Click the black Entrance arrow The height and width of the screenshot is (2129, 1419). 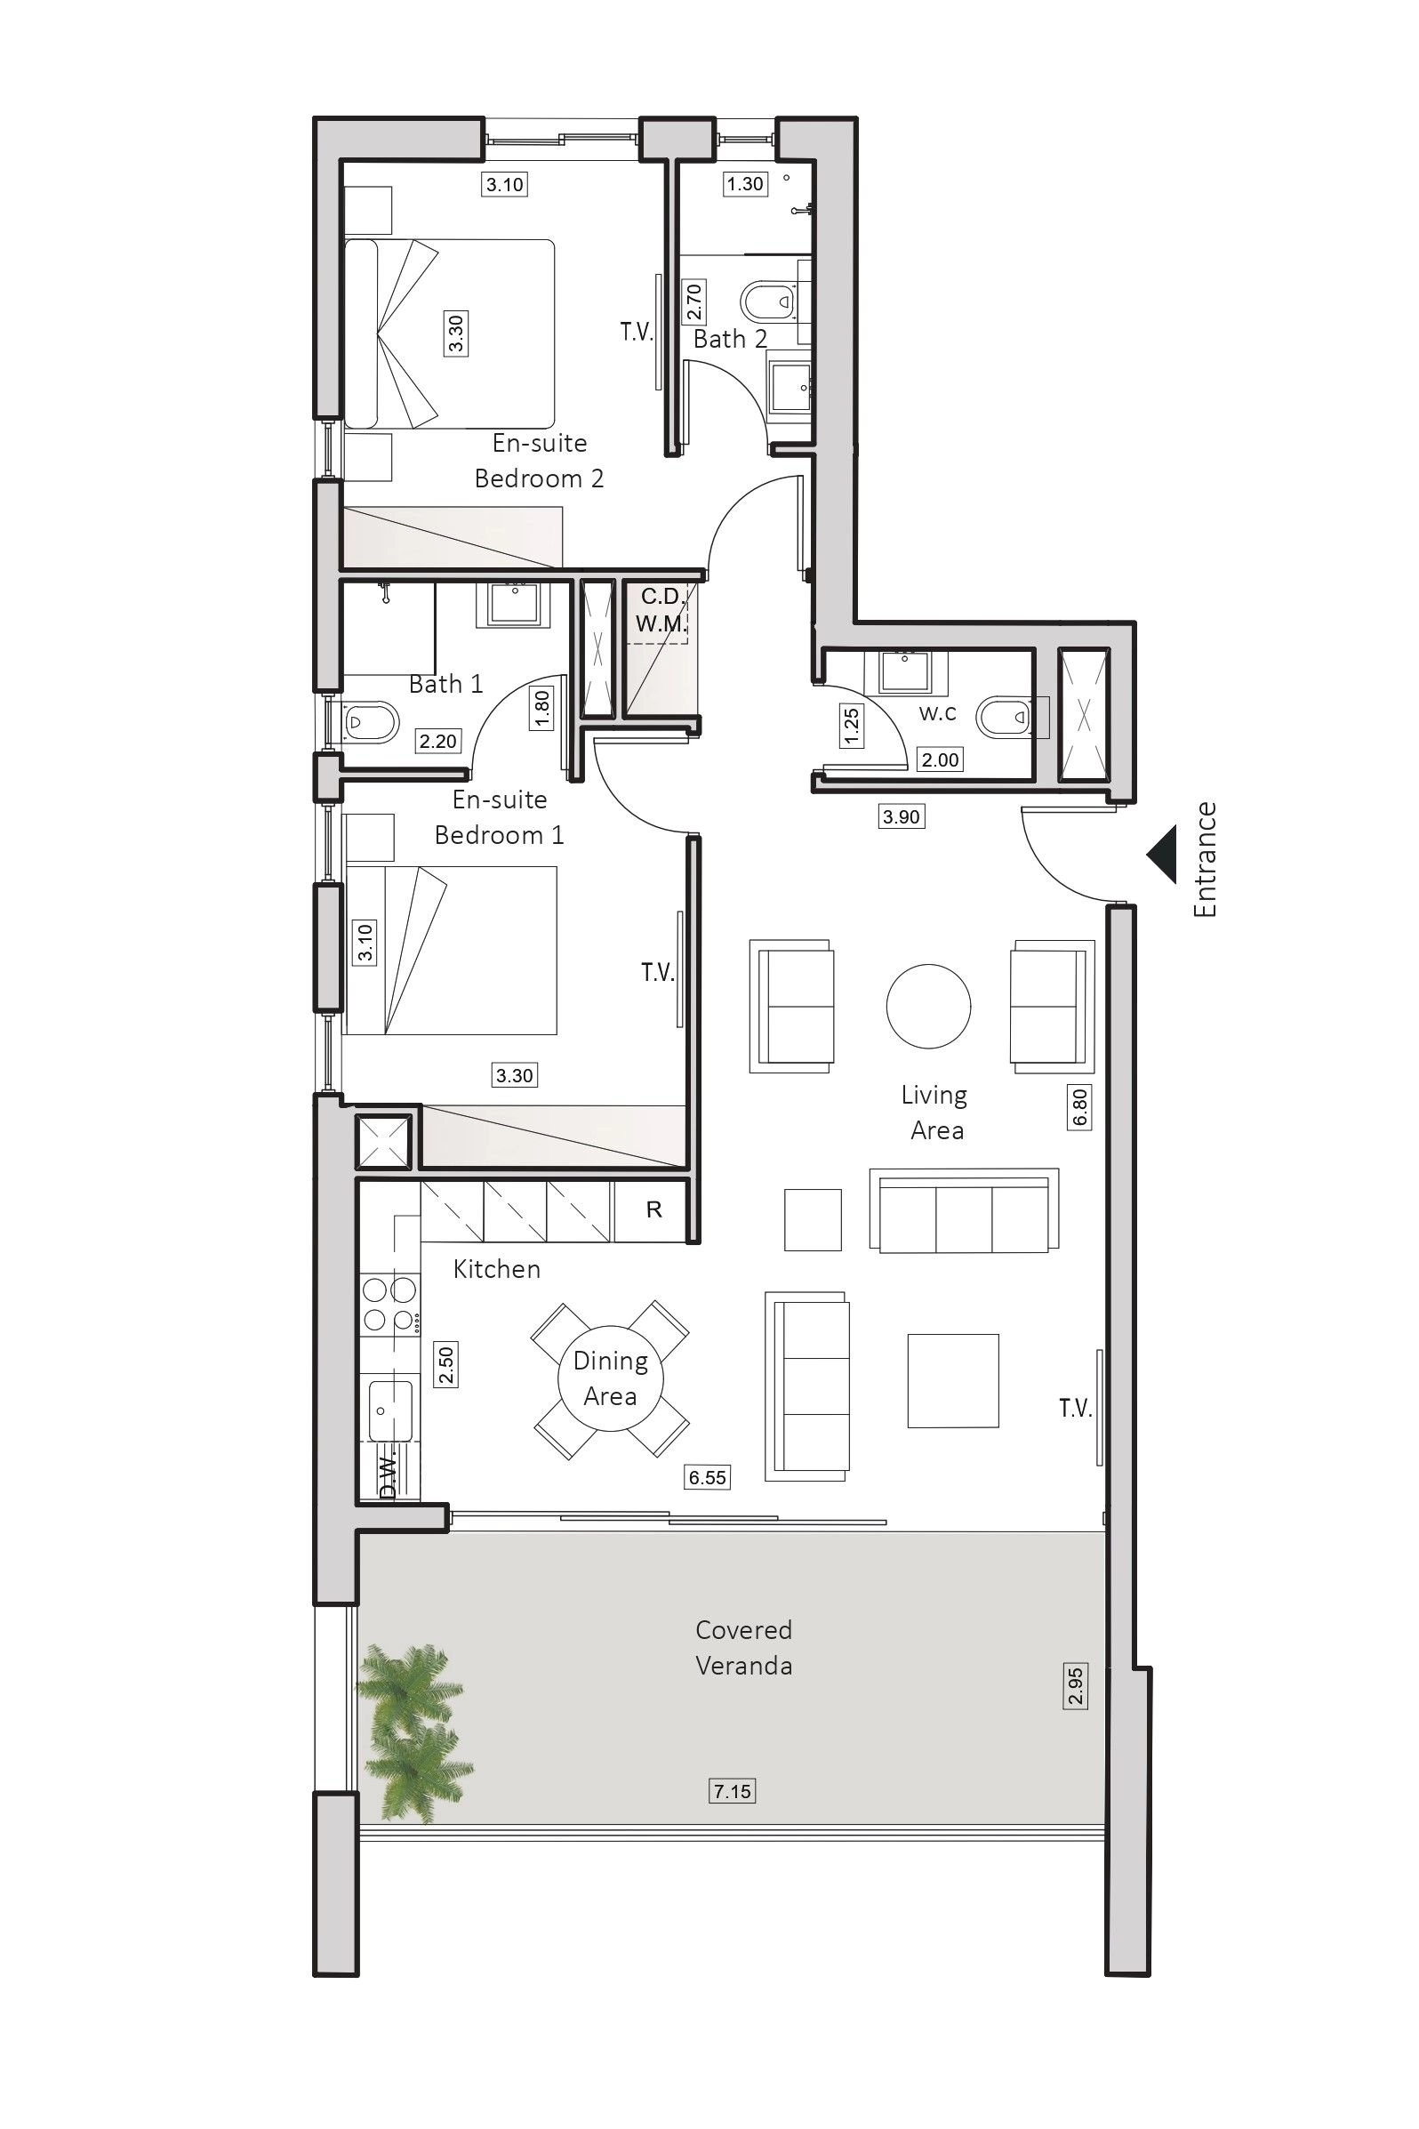tap(1162, 855)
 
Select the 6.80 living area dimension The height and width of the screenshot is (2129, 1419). tap(1078, 1106)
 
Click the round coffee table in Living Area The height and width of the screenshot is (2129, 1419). tap(928, 1006)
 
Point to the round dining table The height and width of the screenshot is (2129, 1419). tap(611, 1379)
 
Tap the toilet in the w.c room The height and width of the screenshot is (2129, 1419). tap(1006, 717)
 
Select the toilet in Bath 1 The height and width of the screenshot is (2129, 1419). tap(372, 721)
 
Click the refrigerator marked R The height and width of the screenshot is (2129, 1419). tap(654, 1209)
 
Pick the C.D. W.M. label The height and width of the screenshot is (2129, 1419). tap(661, 610)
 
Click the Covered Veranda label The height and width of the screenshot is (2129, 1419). tap(744, 1647)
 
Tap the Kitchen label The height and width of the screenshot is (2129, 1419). tap(497, 1269)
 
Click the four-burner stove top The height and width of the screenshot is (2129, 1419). tap(390, 1305)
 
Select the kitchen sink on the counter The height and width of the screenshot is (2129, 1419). tap(391, 1409)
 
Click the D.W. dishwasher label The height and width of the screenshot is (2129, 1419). tap(389, 1477)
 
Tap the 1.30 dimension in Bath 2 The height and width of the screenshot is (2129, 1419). tap(745, 184)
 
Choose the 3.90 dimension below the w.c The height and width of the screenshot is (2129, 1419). tap(902, 816)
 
